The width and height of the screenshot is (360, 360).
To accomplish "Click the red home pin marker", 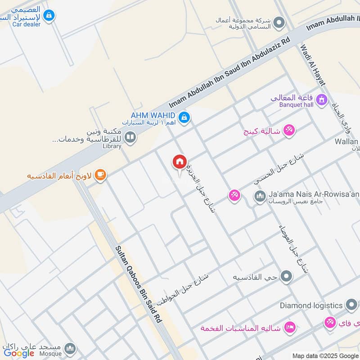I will pyautogui.click(x=179, y=162).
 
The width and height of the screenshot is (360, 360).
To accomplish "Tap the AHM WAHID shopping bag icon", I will pyautogui.click(x=184, y=118).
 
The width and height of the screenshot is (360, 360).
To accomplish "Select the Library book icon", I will pyautogui.click(x=130, y=137).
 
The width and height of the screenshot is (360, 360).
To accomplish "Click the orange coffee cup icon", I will pyautogui.click(x=100, y=175).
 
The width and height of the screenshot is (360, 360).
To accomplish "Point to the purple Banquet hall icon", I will pyautogui.click(x=321, y=99).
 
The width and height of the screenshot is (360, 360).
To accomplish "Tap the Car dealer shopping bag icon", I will pyautogui.click(x=49, y=16).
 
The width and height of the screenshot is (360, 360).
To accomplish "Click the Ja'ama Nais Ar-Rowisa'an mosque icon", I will pyautogui.click(x=260, y=196).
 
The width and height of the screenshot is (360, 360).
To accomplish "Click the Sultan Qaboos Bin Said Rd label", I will pyautogui.click(x=138, y=284).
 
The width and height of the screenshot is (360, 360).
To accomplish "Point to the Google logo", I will pyautogui.click(x=19, y=353).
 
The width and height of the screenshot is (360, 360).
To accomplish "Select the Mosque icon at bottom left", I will pyautogui.click(x=70, y=348).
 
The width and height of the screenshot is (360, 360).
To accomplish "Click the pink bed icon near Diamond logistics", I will pyautogui.click(x=290, y=327).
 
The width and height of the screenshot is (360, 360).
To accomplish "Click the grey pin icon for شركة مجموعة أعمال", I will pyautogui.click(x=279, y=22).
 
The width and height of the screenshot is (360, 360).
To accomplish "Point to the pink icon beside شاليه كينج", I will pyautogui.click(x=289, y=130).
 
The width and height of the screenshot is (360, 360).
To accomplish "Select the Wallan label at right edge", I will pyautogui.click(x=346, y=142).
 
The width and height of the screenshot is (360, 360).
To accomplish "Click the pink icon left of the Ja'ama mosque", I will pyautogui.click(x=234, y=195).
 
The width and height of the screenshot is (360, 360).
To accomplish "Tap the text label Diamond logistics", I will pyautogui.click(x=311, y=306).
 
